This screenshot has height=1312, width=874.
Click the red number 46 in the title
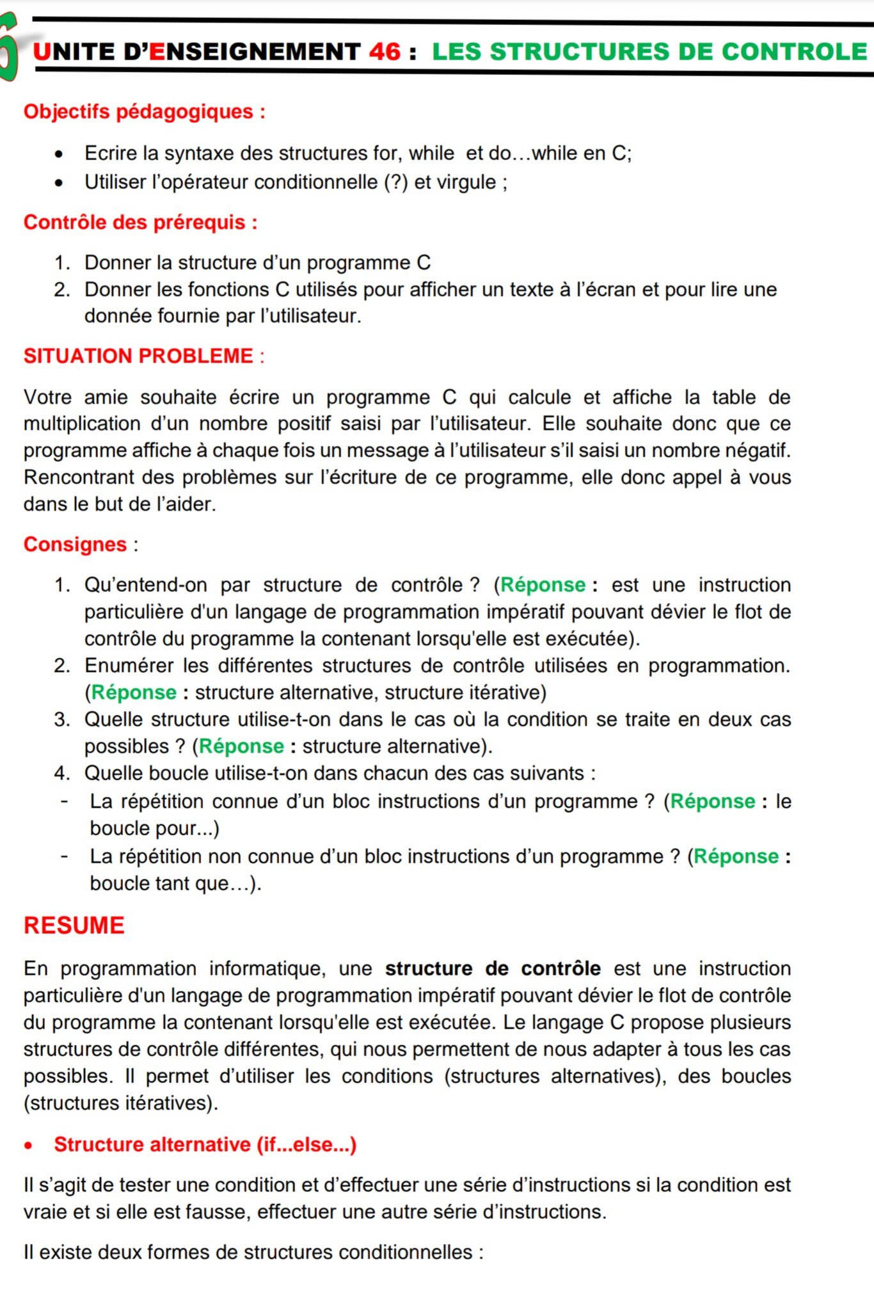coord(385,52)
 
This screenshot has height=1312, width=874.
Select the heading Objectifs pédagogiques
coord(144,111)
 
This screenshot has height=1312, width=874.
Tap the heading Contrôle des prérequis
coord(140,222)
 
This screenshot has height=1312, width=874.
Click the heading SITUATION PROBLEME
coord(139,356)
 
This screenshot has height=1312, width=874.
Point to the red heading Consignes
coord(75,544)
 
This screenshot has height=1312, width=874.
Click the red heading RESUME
coord(74,925)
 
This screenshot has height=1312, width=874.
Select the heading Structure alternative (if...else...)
coord(205,1144)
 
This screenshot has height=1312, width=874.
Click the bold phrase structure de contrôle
coord(492,968)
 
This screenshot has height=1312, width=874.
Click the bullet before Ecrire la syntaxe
coord(59,154)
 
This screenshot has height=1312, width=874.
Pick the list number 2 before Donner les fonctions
coord(61,289)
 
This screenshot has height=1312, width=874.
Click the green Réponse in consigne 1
coord(543,585)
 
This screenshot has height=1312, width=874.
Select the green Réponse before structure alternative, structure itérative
coord(134,692)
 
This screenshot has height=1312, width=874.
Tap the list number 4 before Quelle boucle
coord(61,773)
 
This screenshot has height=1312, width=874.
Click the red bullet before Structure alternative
coord(28,1146)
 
